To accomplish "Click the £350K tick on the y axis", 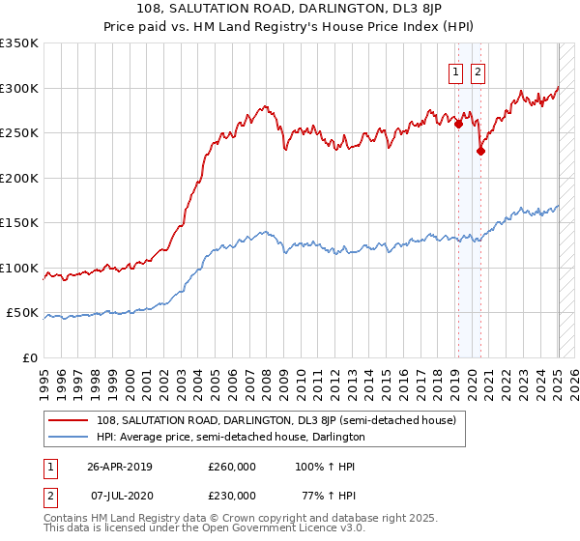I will pos(19,43).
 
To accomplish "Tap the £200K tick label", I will pos(19,178).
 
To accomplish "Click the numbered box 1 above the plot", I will pos(455,71).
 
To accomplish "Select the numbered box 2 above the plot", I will pos(478,71).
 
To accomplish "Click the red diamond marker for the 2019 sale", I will pos(458,122).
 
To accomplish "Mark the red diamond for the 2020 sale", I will pos(480,150).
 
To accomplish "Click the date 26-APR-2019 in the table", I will pos(120,467).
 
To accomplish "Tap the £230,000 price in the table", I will pos(232,496).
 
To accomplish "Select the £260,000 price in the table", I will pos(232,467).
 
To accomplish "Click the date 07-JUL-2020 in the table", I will pos(120,496).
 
